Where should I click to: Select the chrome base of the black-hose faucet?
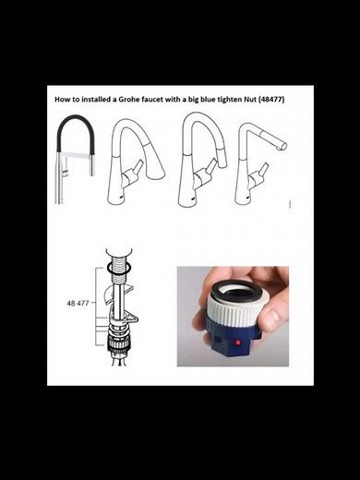[62, 185]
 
